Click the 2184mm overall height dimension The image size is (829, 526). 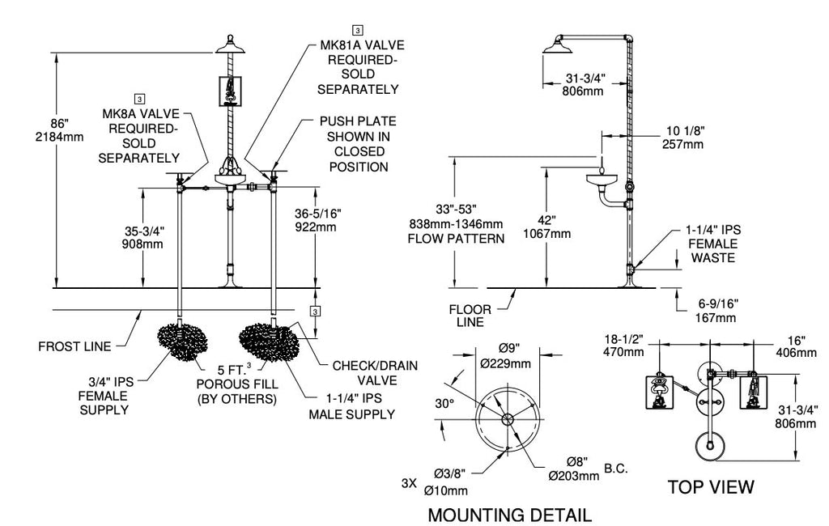[x=59, y=137]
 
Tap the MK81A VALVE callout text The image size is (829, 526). [x=362, y=45]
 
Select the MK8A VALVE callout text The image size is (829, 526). [x=141, y=113]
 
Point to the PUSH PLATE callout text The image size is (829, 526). [x=358, y=121]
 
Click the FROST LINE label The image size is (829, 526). [x=74, y=347]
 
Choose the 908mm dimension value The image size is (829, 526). [x=142, y=244]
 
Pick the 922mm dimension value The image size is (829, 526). [x=316, y=227]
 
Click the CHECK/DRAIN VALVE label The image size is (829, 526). [x=375, y=373]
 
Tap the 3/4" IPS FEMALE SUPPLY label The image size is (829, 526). [x=104, y=396]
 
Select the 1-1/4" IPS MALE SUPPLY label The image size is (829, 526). [x=352, y=406]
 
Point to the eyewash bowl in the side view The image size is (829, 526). [x=602, y=180]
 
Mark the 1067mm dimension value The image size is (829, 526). [x=547, y=234]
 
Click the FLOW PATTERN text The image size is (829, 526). [x=456, y=239]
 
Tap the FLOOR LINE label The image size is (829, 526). [x=470, y=316]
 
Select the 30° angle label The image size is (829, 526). [x=444, y=404]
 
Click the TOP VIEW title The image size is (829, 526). [x=711, y=487]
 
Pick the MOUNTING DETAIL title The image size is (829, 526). [x=510, y=515]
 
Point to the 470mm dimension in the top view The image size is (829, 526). [x=624, y=351]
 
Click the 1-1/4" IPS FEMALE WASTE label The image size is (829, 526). [x=713, y=244]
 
